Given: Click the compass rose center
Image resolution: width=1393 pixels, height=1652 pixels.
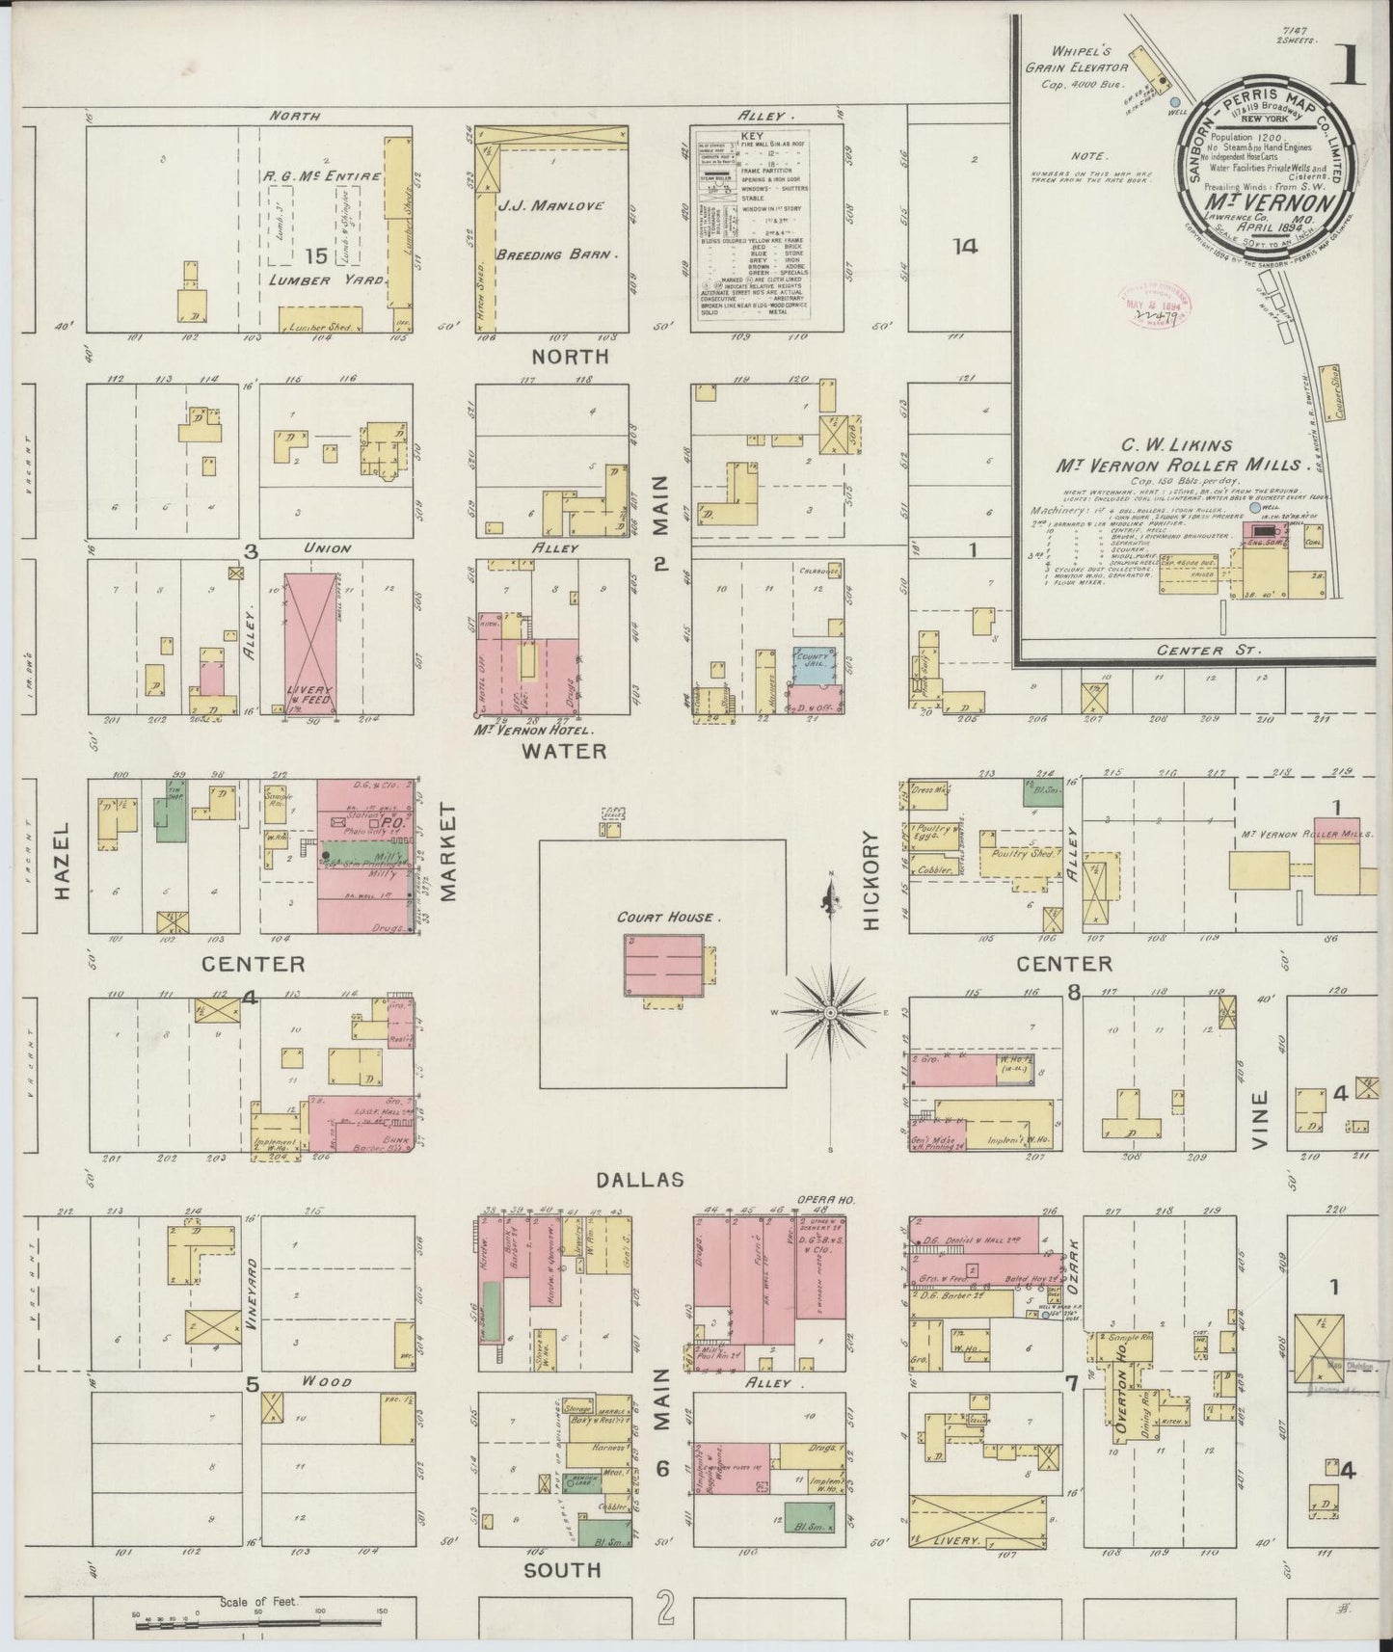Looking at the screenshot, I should click(830, 1013).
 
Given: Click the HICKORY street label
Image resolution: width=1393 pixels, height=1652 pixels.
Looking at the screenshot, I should click(871, 880).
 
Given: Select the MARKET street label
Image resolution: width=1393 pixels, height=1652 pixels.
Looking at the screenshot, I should click(449, 854).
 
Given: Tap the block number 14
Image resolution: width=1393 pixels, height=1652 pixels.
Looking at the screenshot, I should click(965, 247).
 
